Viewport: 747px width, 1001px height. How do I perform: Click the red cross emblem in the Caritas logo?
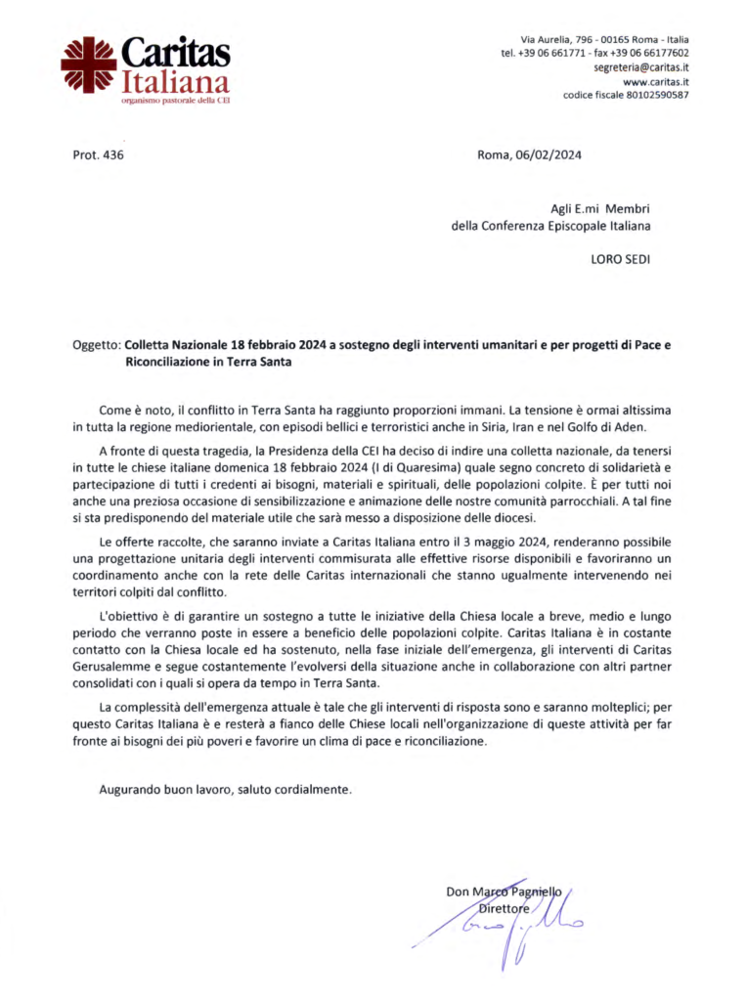(x=88, y=65)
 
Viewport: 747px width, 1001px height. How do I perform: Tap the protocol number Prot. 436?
(x=99, y=154)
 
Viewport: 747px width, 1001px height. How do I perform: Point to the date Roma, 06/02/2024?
(x=529, y=154)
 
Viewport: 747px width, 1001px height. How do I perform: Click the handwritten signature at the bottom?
(x=508, y=923)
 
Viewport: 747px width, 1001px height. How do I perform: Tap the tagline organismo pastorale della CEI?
(x=176, y=100)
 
